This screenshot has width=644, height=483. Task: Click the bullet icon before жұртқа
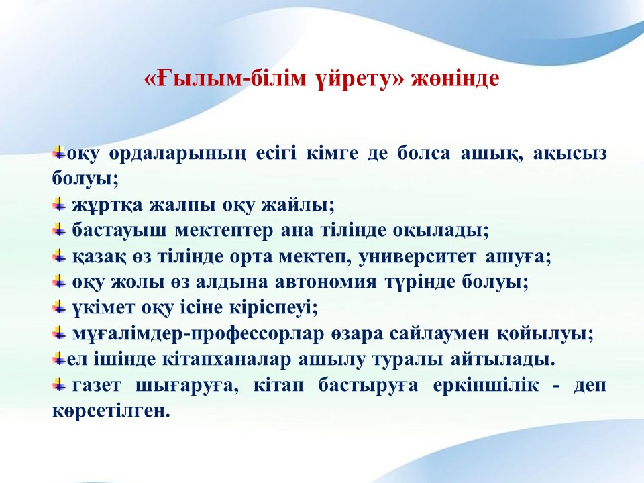59,204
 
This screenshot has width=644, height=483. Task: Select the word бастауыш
119,230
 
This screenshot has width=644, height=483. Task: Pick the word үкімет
103,308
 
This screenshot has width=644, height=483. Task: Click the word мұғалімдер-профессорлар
198,334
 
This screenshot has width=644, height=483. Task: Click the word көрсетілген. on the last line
111,411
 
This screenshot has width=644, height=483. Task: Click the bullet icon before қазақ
59,256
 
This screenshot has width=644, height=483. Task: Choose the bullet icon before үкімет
59,307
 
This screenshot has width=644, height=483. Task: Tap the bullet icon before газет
59,385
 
